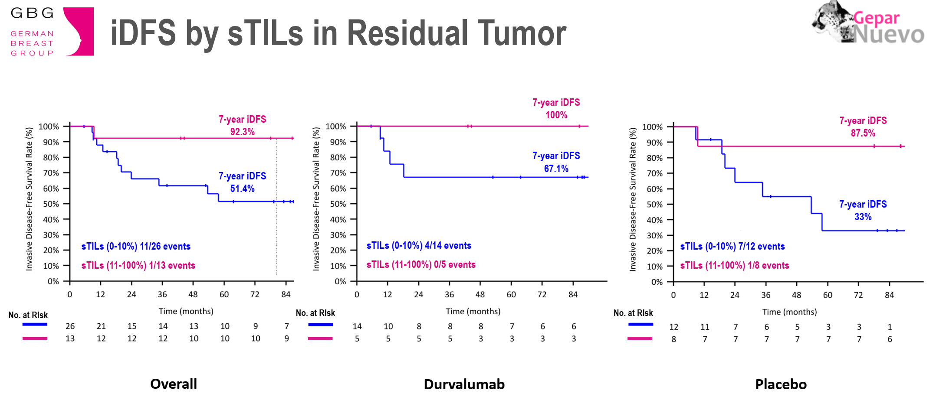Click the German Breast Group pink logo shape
click(x=82, y=31)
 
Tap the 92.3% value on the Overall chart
click(x=242, y=132)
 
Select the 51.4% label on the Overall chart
click(x=242, y=189)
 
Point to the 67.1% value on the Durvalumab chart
click(x=556, y=169)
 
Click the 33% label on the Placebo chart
click(x=863, y=217)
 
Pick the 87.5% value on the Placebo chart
click(x=863, y=133)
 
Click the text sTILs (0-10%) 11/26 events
click(x=136, y=246)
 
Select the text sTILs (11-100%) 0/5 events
click(x=421, y=264)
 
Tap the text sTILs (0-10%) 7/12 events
click(x=732, y=246)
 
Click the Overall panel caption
click(x=174, y=384)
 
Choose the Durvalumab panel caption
click(x=464, y=384)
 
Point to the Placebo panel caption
click(x=781, y=384)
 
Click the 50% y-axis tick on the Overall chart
click(x=51, y=204)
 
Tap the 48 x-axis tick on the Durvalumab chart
click(x=480, y=295)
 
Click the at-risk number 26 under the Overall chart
click(x=70, y=326)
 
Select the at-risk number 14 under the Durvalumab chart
click(x=357, y=326)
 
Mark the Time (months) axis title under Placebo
click(x=789, y=312)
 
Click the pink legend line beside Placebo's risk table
click(x=640, y=339)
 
